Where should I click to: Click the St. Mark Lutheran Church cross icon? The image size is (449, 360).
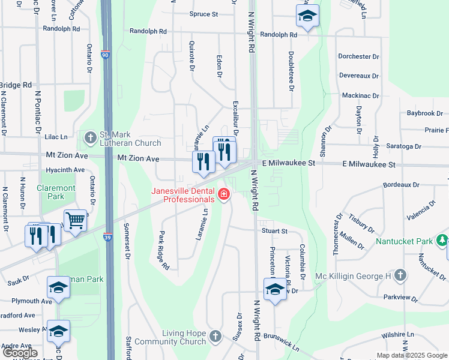[90, 139]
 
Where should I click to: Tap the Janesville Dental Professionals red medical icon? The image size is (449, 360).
[223, 194]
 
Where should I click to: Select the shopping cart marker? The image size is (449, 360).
[75, 220]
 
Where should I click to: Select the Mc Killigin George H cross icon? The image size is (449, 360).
[401, 276]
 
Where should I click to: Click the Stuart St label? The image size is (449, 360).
[274, 230]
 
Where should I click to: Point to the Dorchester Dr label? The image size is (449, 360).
[358, 56]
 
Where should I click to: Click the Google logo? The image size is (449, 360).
[20, 353]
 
